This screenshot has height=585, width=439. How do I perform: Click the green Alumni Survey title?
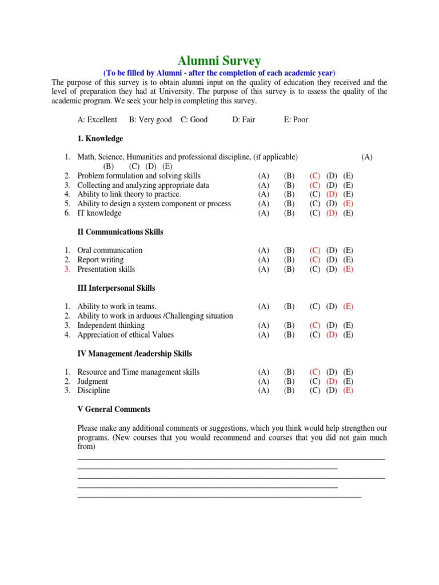pos(219,61)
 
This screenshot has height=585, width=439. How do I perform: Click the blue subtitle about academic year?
pos(219,73)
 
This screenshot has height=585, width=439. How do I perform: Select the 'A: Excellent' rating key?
pos(97,119)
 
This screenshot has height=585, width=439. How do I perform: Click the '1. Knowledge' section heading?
pos(100,138)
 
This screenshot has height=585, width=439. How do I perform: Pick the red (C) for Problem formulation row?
pos(315,176)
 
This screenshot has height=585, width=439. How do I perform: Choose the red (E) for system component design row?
pos(349,204)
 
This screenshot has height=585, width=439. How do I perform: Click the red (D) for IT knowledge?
pos(332,213)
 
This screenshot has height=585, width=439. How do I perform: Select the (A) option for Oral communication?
pos(264,250)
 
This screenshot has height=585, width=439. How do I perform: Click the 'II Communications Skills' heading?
pos(120,232)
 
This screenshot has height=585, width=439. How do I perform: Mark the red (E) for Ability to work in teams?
pos(349,306)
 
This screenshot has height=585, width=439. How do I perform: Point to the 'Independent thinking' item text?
pos(111,325)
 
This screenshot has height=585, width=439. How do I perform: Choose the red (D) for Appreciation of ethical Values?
pos(332,335)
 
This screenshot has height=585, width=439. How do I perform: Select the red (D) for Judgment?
pos(332,381)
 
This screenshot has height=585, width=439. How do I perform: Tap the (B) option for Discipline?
pos(289,391)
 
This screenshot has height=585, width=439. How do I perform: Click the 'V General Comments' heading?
pos(114,409)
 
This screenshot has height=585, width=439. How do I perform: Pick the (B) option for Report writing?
pos(289,260)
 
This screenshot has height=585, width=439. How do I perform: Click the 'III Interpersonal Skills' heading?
pos(116,288)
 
